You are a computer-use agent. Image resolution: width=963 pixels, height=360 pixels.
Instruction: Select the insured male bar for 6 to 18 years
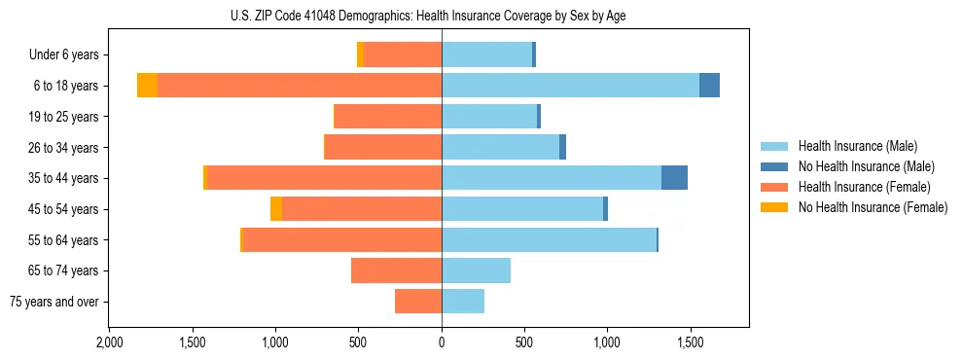pos(570,86)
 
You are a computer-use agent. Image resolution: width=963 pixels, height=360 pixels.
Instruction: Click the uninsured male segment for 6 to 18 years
pos(709,86)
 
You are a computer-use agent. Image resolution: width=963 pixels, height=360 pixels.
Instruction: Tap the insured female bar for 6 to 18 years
pos(300,86)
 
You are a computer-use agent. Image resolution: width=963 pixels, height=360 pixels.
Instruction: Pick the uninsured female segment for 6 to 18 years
pos(147,86)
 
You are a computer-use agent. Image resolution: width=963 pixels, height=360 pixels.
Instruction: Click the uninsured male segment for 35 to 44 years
pos(674,178)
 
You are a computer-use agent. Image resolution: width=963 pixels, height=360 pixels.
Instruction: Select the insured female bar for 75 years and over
pos(418,302)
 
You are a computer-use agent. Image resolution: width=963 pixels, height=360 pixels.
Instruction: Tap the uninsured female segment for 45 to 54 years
pos(276,209)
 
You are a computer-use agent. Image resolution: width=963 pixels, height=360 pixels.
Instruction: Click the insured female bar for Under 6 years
pos(403,54)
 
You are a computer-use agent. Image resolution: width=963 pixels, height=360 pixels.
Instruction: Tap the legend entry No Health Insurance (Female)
pos(873,207)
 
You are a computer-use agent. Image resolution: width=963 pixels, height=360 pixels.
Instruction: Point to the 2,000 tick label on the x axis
pos(109,342)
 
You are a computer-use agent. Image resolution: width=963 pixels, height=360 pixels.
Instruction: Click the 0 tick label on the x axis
pos(442,342)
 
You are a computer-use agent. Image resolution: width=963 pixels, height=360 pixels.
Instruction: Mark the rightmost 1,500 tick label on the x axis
pos(691,342)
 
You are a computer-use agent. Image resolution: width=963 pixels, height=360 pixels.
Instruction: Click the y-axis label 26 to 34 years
pos(65,148)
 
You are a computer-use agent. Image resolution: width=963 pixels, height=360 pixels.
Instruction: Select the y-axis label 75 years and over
pos(54,302)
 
